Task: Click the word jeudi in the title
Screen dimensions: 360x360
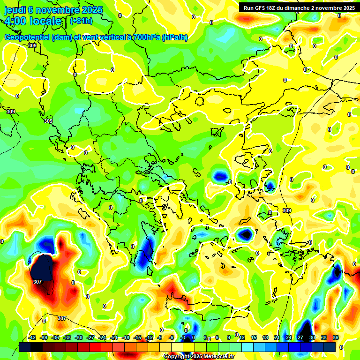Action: tap(15, 10)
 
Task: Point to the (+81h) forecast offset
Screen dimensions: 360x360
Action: tap(81, 21)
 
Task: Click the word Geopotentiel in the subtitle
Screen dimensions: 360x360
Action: tap(27, 37)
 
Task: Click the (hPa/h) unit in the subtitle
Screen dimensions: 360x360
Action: tap(174, 37)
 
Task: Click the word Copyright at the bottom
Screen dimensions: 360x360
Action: tap(177, 357)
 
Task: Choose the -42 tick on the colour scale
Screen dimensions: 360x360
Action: tap(32, 337)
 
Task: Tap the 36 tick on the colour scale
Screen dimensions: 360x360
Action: tap(336, 337)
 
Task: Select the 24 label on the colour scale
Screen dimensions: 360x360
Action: tap(289, 337)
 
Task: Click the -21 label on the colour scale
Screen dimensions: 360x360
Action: tap(114, 337)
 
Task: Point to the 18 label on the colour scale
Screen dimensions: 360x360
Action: tap(265, 337)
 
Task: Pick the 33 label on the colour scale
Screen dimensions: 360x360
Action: tap(324, 337)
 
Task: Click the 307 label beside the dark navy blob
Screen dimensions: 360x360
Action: tap(38, 282)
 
